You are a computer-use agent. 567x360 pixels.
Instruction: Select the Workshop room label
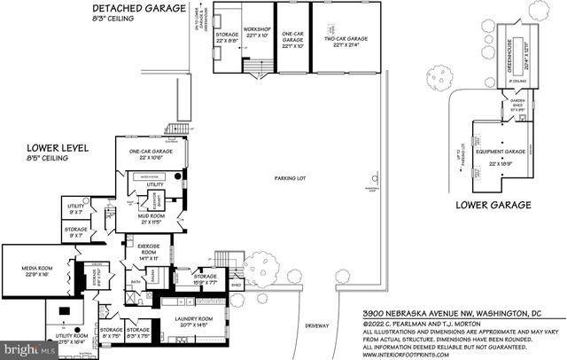tap(259, 33)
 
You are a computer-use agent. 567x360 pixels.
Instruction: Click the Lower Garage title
tap(493, 205)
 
